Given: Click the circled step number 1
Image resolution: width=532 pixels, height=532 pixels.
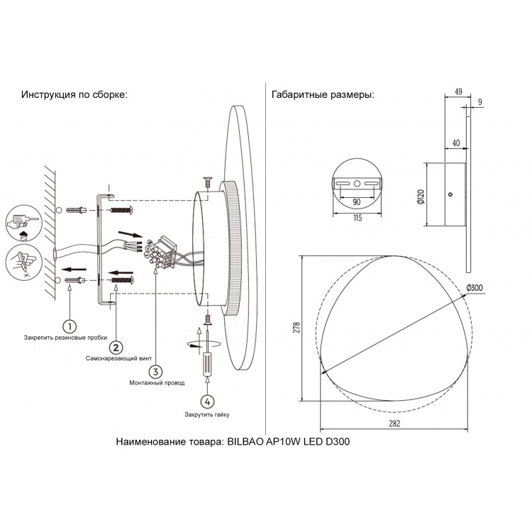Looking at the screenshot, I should [69, 326].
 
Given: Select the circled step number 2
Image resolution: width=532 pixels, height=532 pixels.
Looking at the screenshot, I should [115, 348].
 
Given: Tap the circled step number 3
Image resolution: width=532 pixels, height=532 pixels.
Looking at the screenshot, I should [155, 370].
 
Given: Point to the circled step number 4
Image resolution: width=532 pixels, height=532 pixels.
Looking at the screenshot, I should [206, 401].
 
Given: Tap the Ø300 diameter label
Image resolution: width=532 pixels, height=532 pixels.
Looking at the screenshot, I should [475, 287].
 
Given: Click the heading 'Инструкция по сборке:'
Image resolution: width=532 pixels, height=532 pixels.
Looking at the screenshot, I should [74, 96].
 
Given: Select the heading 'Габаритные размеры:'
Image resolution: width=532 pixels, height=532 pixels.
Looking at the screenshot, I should [323, 96].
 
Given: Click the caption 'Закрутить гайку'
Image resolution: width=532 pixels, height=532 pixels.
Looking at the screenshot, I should [206, 414].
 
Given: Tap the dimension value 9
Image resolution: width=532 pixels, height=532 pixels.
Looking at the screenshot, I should [480, 102].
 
